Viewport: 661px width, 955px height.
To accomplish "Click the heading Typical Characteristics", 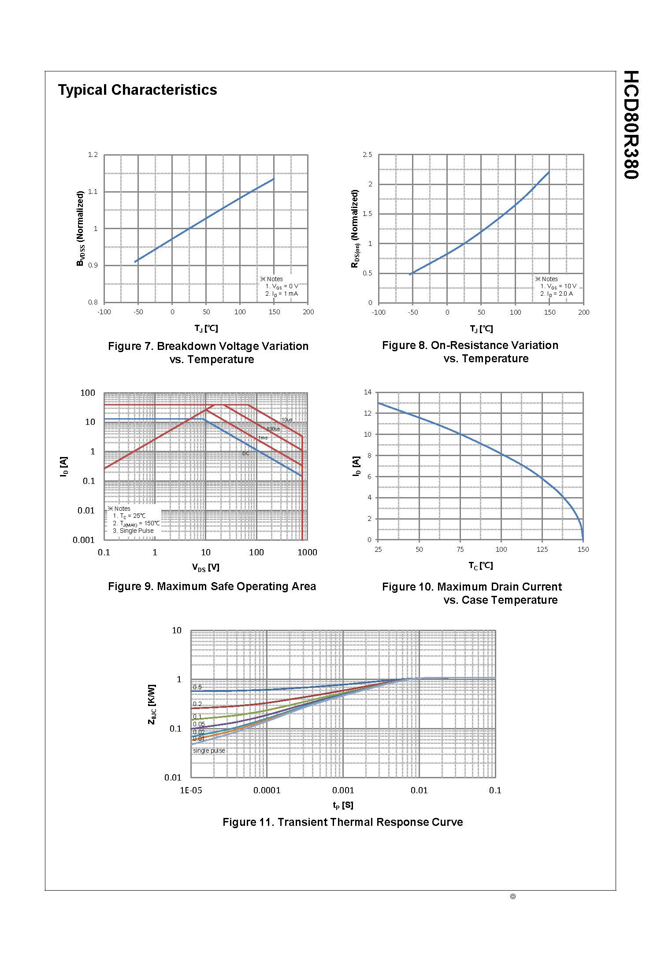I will [137, 90].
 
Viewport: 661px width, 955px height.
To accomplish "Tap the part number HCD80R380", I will [631, 125].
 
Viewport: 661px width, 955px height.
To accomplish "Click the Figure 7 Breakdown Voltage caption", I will [208, 353].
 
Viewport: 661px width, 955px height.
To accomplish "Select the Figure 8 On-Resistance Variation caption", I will [470, 352].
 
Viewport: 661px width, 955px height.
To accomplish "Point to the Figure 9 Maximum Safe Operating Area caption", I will [212, 587].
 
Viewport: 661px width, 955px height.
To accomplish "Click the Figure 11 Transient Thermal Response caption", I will [342, 822].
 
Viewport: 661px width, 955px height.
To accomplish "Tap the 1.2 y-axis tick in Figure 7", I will [93, 155].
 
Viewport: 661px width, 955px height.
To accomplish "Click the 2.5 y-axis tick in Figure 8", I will [367, 155].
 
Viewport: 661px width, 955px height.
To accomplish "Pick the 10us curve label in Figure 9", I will [286, 420].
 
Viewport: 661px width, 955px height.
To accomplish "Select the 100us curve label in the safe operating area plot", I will [273, 429].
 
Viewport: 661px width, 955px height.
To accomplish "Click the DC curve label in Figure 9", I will [246, 453].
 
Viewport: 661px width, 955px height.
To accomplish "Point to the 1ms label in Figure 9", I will [263, 438].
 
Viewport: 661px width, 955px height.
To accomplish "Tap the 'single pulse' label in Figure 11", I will [209, 751].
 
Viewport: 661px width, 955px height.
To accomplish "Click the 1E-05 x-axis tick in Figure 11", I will [191, 790].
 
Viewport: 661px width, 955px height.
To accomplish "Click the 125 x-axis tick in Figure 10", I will [542, 550].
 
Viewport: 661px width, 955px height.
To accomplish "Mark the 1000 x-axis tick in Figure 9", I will [307, 553].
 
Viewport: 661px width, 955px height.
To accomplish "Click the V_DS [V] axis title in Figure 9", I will [205, 568].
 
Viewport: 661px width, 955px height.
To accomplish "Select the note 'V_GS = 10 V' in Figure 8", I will [558, 286].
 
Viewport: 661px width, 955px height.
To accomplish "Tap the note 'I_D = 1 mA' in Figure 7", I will [282, 294].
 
